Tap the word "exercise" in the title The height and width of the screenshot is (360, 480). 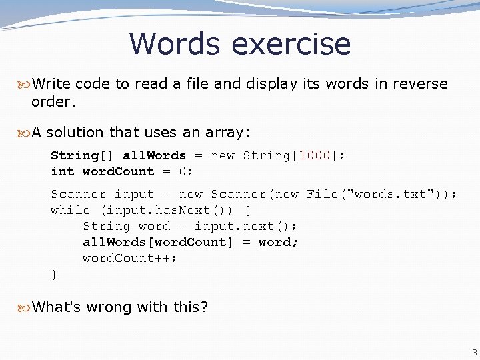pos(291,44)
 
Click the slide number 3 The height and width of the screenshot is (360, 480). pos(474,351)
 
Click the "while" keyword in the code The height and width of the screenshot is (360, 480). pos(71,210)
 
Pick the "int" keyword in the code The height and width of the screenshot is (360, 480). pos(63,171)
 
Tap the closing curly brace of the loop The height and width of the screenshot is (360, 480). pos(55,274)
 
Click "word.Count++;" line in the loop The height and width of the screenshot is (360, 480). pos(130,258)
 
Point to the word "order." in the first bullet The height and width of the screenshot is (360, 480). pos(54,102)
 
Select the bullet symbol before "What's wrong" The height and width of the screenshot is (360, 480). pos(25,307)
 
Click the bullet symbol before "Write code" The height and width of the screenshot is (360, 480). pos(25,84)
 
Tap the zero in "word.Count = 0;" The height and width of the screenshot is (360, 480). pos(183,171)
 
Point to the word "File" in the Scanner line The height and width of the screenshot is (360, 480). pos(322,194)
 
